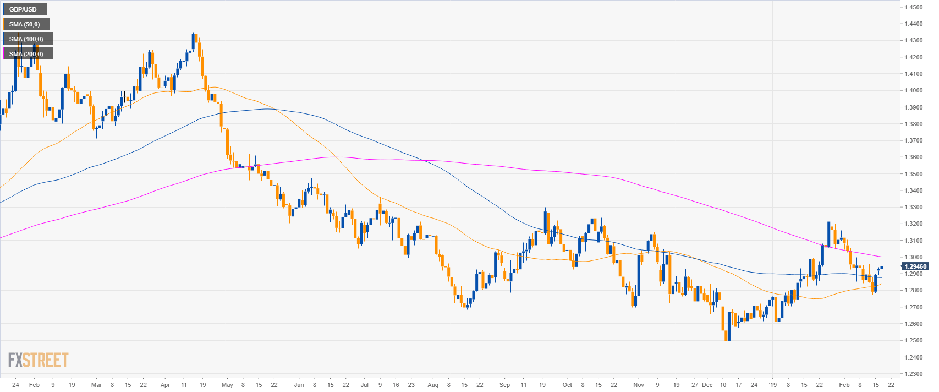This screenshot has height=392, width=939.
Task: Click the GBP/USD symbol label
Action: [x=23, y=9]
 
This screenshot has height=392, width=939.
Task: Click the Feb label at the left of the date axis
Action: [x=34, y=385]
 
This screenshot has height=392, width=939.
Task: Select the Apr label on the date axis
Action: [x=166, y=385]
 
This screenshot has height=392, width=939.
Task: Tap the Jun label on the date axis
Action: [x=299, y=385]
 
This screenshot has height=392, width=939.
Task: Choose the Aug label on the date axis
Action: [x=433, y=385]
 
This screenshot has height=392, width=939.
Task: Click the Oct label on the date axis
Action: [x=567, y=385]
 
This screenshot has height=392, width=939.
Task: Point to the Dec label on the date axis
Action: [x=707, y=385]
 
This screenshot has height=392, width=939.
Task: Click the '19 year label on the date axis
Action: [x=772, y=385]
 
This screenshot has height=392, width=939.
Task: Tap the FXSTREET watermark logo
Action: [x=39, y=360]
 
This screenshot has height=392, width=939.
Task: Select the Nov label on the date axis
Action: [x=638, y=385]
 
